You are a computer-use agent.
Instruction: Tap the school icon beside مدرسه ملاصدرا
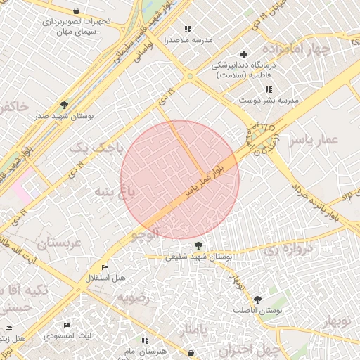click(x=188, y=29)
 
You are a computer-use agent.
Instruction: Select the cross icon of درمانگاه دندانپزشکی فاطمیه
click(x=244, y=54)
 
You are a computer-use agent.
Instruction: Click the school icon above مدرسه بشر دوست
click(x=269, y=89)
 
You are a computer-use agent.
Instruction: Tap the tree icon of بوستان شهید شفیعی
click(x=199, y=245)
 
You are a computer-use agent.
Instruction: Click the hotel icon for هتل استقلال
click(x=105, y=268)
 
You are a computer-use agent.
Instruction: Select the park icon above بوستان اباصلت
click(x=257, y=299)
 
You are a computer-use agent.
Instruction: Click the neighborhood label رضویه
click(x=133, y=297)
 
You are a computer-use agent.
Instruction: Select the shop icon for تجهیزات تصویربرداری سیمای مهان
click(x=76, y=11)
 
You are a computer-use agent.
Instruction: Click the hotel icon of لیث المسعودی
click(x=67, y=326)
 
